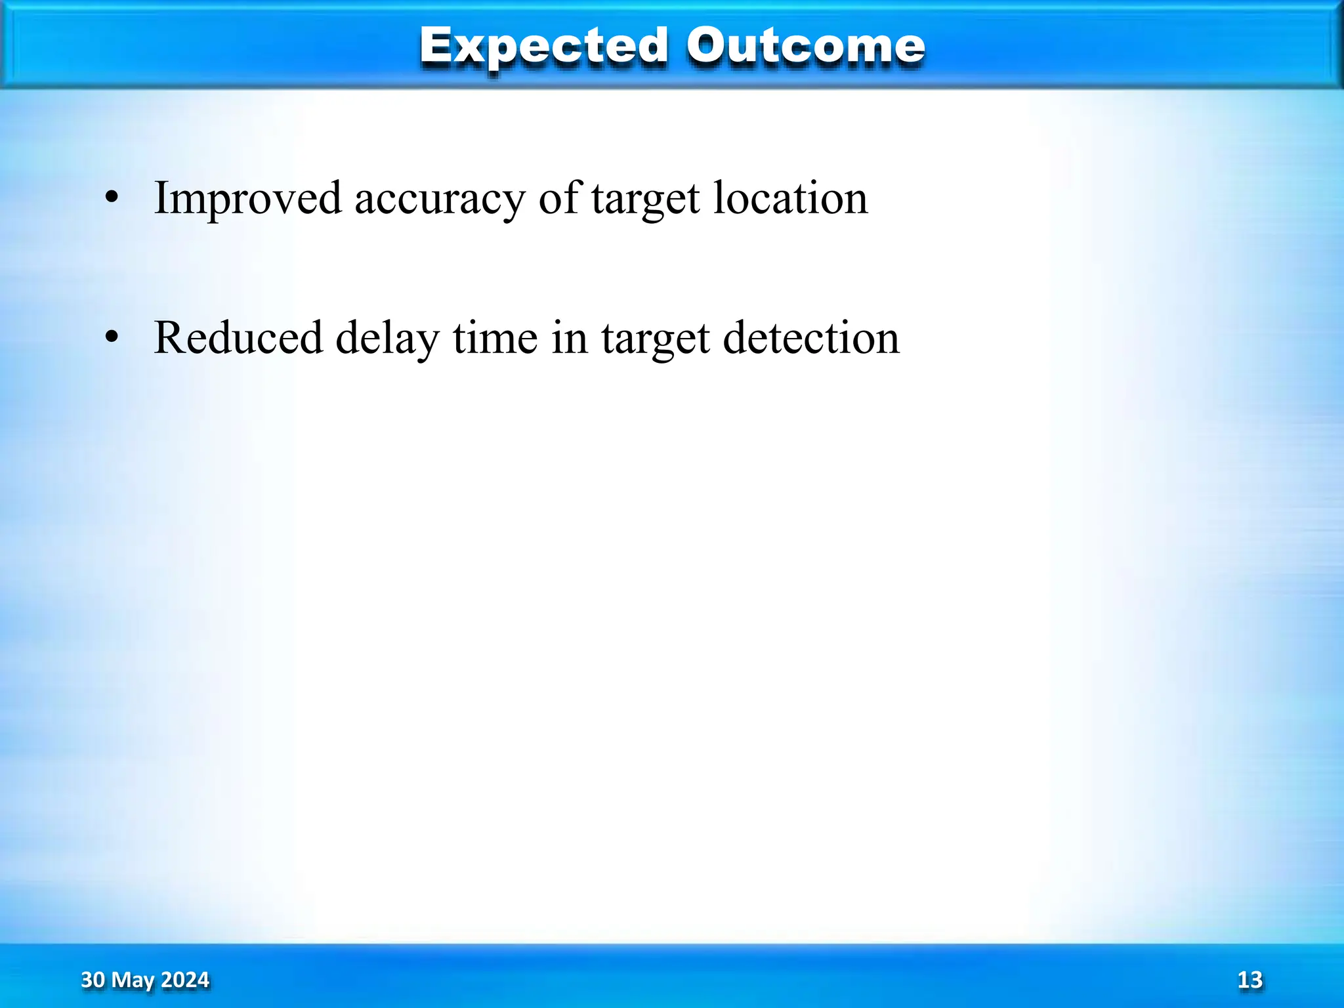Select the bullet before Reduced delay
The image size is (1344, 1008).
coord(112,337)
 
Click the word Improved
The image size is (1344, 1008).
coord(247,198)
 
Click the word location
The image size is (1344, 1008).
coord(790,198)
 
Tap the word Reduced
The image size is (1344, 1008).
coord(238,338)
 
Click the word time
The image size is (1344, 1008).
coord(495,338)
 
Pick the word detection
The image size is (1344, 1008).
coord(811,338)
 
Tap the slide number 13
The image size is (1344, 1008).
coord(1249,980)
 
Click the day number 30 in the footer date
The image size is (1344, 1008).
coord(93,980)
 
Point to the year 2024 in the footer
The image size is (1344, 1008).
coord(185,980)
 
